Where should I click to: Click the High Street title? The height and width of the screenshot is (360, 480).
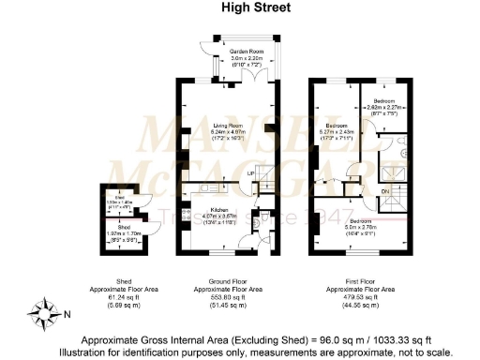242,8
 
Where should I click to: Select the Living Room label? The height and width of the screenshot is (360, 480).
227,126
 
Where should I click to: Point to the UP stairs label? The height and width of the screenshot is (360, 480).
251,175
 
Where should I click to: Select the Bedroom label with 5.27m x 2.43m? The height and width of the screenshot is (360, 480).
337,125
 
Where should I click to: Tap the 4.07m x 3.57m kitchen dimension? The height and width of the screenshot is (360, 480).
219,217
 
